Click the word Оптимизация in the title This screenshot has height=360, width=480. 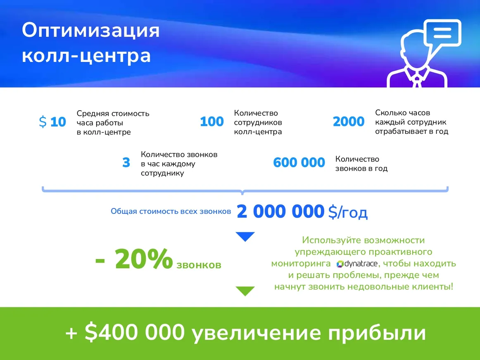click(90, 31)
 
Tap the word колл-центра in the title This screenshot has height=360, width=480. click(86, 56)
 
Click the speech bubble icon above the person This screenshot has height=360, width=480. click(442, 33)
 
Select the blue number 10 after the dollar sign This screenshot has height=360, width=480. click(58, 122)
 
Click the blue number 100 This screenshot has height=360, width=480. click(211, 122)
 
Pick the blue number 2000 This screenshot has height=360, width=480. click(349, 122)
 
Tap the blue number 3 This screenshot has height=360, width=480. click(126, 163)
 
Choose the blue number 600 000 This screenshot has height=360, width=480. click(299, 163)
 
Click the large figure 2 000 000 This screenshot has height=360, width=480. click(280, 212)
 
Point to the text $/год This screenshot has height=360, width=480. click(347, 212)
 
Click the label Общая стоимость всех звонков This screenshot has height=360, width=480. click(171, 211)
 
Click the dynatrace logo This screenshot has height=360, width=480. click(355, 264)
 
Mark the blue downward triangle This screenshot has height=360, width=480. click(245, 237)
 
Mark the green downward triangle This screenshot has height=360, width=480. click(245, 291)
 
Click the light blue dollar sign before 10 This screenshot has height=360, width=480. click(43, 122)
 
